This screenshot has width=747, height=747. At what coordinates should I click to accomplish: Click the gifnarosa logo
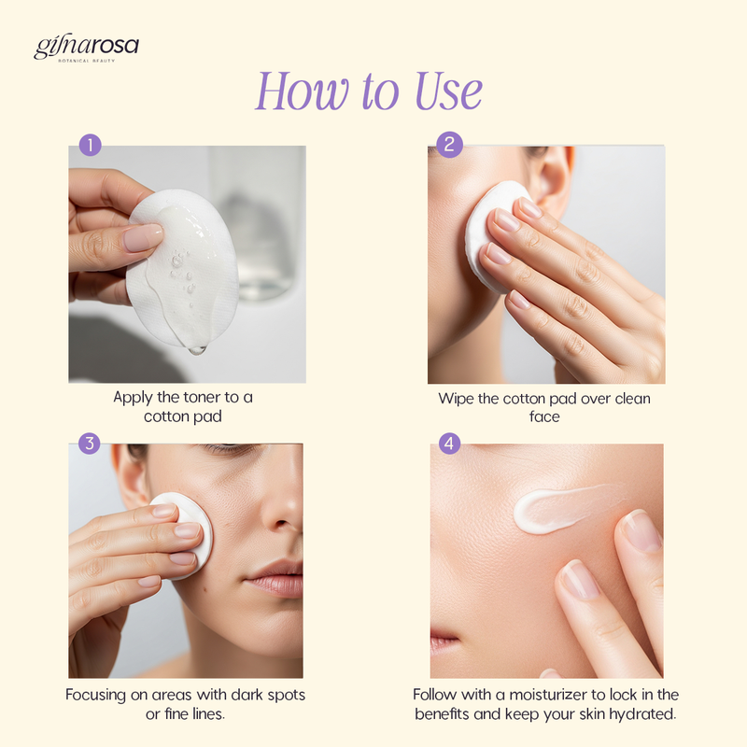pos(86,48)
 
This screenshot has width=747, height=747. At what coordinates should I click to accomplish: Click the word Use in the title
pos(449,91)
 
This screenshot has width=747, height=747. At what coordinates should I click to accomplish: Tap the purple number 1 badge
pos(90,145)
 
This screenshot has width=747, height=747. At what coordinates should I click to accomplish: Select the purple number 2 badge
pos(449,145)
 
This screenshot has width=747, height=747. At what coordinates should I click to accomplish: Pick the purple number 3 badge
pos(89,444)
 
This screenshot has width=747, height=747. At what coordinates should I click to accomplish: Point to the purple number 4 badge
pos(449,444)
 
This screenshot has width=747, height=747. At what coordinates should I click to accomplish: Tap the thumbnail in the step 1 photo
pos(143,237)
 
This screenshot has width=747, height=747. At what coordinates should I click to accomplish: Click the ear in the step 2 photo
pos(553,176)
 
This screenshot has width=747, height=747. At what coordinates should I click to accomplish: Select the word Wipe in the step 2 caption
pos(456,399)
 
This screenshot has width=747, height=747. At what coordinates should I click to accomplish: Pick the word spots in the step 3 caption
pos(286,696)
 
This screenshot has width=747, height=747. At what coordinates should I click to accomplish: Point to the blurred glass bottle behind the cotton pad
pos(258,224)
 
